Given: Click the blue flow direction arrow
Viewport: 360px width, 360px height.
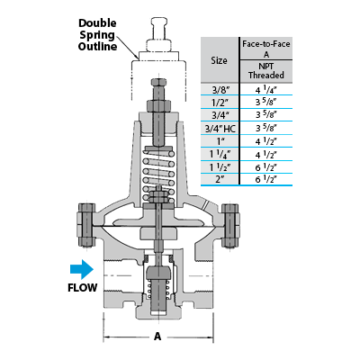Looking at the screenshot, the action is pos(82,269).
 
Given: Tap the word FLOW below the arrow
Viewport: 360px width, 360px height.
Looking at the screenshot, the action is pos(83,288).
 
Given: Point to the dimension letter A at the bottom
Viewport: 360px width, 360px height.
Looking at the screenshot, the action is pos(157,337).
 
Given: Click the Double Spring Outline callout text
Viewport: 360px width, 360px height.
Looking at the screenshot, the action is pos(97,35).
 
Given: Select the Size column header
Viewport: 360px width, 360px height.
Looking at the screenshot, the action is pos(219,60).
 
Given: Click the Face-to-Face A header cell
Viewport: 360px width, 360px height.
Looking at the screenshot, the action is pos(266,49).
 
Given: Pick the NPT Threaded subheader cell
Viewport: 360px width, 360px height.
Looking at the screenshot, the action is pos(266,71).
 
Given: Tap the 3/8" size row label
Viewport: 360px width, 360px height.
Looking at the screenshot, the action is pos(220,90).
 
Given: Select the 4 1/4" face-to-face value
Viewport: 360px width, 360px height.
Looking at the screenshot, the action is pos(266,90).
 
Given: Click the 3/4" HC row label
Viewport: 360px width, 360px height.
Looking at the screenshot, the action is pos(220,129).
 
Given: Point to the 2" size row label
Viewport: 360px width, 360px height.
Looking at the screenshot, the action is pos(220,179).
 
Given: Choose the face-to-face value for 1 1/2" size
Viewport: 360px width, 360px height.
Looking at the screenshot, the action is pos(266,167).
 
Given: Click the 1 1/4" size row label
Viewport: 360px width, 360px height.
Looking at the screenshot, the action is pos(220,155).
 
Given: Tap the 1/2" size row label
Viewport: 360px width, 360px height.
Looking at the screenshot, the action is pos(220,103).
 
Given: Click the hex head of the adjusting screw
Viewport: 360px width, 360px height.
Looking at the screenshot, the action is pos(158,82).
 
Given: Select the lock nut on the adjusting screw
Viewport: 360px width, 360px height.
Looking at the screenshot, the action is pos(158,105).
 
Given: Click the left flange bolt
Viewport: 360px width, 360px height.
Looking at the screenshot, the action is pos(86,225).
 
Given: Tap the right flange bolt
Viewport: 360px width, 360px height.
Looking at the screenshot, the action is pos(230,226).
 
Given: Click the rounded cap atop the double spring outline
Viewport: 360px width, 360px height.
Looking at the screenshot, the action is pos(158,27).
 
